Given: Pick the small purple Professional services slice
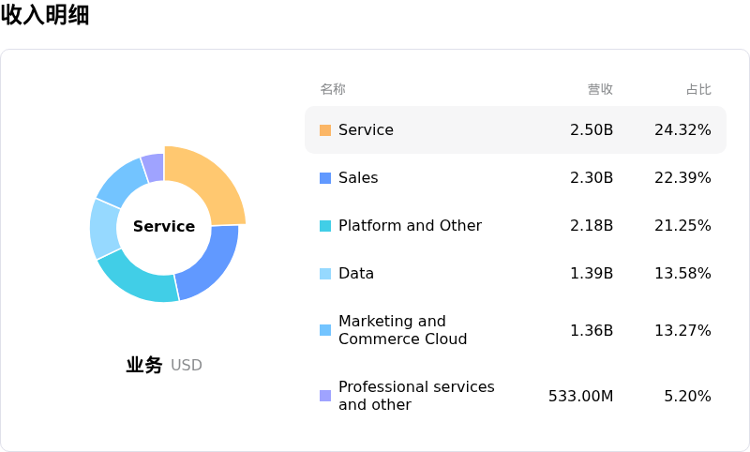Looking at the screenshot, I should (154, 167).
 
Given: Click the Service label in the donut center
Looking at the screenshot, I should (164, 226).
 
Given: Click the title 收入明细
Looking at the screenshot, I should (45, 15).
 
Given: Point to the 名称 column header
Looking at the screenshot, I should (333, 89).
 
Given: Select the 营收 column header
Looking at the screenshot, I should (600, 89).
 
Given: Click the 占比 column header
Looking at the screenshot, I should (698, 89).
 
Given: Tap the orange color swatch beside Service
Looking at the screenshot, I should (325, 130).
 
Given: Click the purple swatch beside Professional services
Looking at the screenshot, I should (325, 396).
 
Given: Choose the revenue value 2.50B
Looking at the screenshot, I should (592, 130).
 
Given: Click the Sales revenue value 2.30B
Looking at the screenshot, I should (592, 178).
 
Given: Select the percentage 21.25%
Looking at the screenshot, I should (682, 226).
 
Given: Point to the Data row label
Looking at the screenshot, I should (356, 274).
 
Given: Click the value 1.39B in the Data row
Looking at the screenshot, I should (592, 274).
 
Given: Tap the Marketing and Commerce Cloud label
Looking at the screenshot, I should (402, 330).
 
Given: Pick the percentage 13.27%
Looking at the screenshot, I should (682, 330).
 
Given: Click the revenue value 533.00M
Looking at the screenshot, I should (580, 396).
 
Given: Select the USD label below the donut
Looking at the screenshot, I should (187, 366).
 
